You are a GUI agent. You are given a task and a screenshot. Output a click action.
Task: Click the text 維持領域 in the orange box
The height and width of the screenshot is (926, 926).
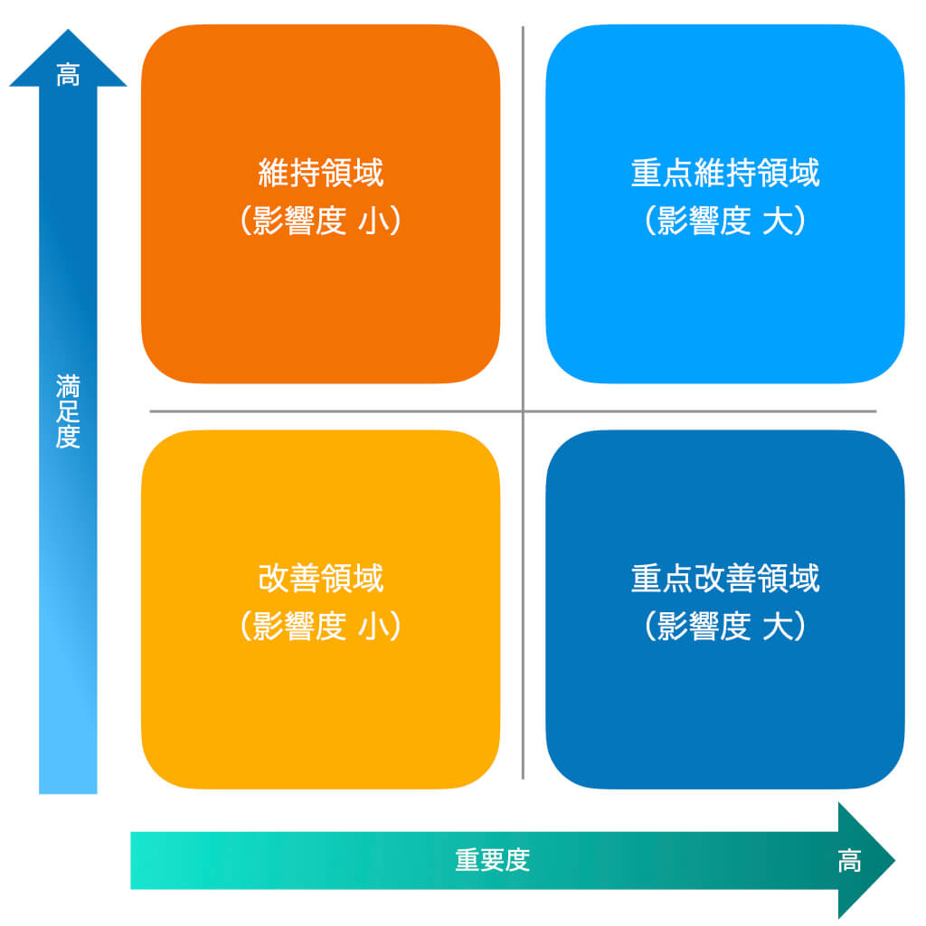(x=320, y=173)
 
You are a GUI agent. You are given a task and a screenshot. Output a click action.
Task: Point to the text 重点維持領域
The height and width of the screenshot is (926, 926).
(x=724, y=173)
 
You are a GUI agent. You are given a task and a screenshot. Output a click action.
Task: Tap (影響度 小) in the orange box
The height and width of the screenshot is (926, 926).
(x=320, y=222)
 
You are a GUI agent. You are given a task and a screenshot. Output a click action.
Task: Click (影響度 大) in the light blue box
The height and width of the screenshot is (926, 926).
(x=724, y=222)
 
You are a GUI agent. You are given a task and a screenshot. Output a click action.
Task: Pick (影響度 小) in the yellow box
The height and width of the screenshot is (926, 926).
(x=320, y=627)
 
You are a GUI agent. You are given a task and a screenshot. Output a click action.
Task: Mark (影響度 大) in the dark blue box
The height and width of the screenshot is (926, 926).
(x=724, y=627)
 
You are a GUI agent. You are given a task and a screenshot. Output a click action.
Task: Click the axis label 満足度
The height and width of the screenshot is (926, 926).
(x=68, y=412)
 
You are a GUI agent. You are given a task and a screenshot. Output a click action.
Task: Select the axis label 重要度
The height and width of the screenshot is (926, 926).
(x=492, y=860)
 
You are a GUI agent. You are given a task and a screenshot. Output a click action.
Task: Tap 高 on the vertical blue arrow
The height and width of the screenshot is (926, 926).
(x=68, y=75)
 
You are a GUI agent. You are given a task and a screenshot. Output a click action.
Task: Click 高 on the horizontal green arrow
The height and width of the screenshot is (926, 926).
(x=849, y=861)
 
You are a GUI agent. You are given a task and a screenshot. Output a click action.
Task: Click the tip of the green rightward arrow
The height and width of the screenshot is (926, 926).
(x=893, y=860)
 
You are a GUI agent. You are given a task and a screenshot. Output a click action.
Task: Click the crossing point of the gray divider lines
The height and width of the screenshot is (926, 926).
(x=523, y=411)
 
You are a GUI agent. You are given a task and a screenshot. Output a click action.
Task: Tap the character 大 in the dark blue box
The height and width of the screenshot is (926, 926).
(x=776, y=627)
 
